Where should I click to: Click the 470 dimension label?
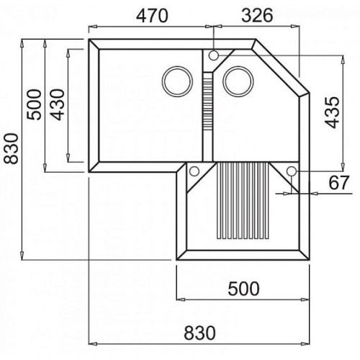click(x=152, y=16)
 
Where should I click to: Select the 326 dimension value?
click(x=257, y=16)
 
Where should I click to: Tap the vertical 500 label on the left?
click(x=34, y=104)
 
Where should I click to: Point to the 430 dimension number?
click(x=58, y=104)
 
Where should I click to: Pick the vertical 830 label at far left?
click(x=11, y=149)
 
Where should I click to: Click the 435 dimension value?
click(x=333, y=112)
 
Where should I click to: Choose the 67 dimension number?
click(x=338, y=182)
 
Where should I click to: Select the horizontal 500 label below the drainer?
click(x=243, y=289)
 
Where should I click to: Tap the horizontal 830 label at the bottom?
click(x=199, y=333)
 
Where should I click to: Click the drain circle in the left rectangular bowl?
click(x=177, y=67)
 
